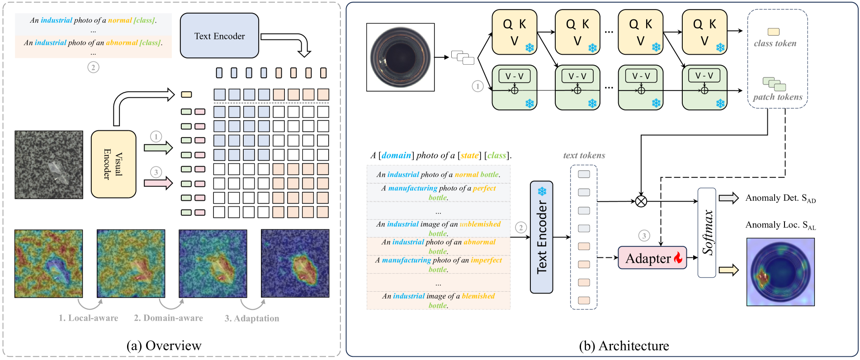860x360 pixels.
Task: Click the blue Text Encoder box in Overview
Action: click(219, 36)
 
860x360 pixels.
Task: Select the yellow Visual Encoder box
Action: click(113, 164)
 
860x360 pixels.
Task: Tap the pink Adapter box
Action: click(652, 258)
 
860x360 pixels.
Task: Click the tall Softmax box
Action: click(707, 232)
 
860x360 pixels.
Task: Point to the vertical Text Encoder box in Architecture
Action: click(541, 237)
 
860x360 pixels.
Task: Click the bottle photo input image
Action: click(400, 57)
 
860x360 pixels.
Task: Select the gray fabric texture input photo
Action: click(49, 165)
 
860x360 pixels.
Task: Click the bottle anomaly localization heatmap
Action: click(780, 272)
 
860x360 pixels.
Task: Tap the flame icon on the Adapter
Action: click(678, 258)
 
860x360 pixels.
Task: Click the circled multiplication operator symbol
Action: click(641, 201)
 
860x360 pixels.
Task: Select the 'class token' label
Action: click(775, 43)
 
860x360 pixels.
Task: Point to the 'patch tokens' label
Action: click(778, 97)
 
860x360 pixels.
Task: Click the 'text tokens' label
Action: click(584, 156)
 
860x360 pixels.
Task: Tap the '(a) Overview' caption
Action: click(164, 346)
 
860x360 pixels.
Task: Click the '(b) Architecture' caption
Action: click(624, 346)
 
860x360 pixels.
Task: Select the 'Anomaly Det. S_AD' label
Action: click(780, 198)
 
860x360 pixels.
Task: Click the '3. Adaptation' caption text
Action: click(252, 318)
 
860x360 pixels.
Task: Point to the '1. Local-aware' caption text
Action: click(88, 318)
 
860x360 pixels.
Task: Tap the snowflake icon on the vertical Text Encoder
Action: click(542, 191)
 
